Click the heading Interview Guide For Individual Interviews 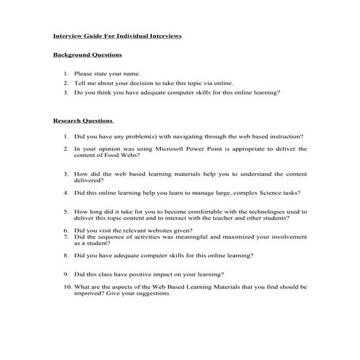click(x=117, y=35)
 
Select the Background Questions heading click(x=87, y=55)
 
